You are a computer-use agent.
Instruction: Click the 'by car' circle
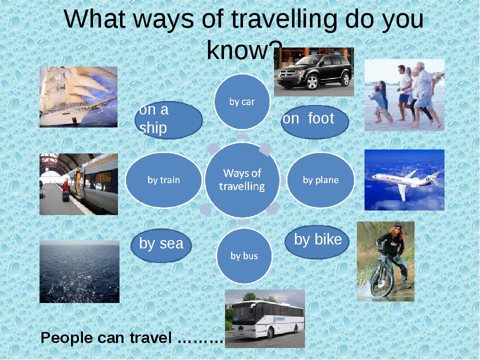click(242, 101)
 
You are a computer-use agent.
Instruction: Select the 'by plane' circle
click(320, 180)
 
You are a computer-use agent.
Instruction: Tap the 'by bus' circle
click(244, 256)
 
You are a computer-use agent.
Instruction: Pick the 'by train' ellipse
click(164, 180)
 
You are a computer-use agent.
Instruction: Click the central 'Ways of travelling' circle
click(242, 179)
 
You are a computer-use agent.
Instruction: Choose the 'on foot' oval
click(315, 122)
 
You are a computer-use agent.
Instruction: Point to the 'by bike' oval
click(317, 242)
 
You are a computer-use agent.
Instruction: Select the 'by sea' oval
click(161, 245)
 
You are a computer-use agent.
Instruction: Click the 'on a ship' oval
click(168, 120)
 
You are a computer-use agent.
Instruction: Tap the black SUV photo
click(314, 72)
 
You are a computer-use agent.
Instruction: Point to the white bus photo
click(265, 318)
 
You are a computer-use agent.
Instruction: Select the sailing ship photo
click(78, 96)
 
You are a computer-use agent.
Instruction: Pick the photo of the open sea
click(79, 272)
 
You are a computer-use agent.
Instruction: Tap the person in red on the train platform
click(66, 190)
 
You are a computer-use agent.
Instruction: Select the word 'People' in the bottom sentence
click(66, 338)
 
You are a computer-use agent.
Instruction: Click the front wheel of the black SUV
click(312, 82)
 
